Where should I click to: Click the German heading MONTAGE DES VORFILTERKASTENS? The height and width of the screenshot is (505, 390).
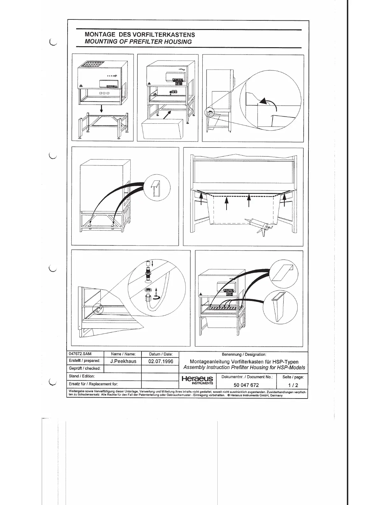click(140, 34)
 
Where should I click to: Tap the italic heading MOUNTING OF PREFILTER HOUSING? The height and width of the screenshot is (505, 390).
click(138, 42)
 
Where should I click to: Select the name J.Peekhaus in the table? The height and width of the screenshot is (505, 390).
click(123, 361)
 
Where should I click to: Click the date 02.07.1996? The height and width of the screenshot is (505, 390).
click(161, 361)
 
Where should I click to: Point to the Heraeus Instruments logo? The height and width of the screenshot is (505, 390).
click(197, 380)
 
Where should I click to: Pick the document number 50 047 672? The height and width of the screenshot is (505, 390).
click(246, 385)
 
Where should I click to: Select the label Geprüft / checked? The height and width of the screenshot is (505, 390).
click(85, 368)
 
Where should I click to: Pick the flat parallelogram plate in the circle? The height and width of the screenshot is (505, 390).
click(283, 272)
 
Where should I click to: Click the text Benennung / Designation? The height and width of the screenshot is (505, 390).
click(244, 354)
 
